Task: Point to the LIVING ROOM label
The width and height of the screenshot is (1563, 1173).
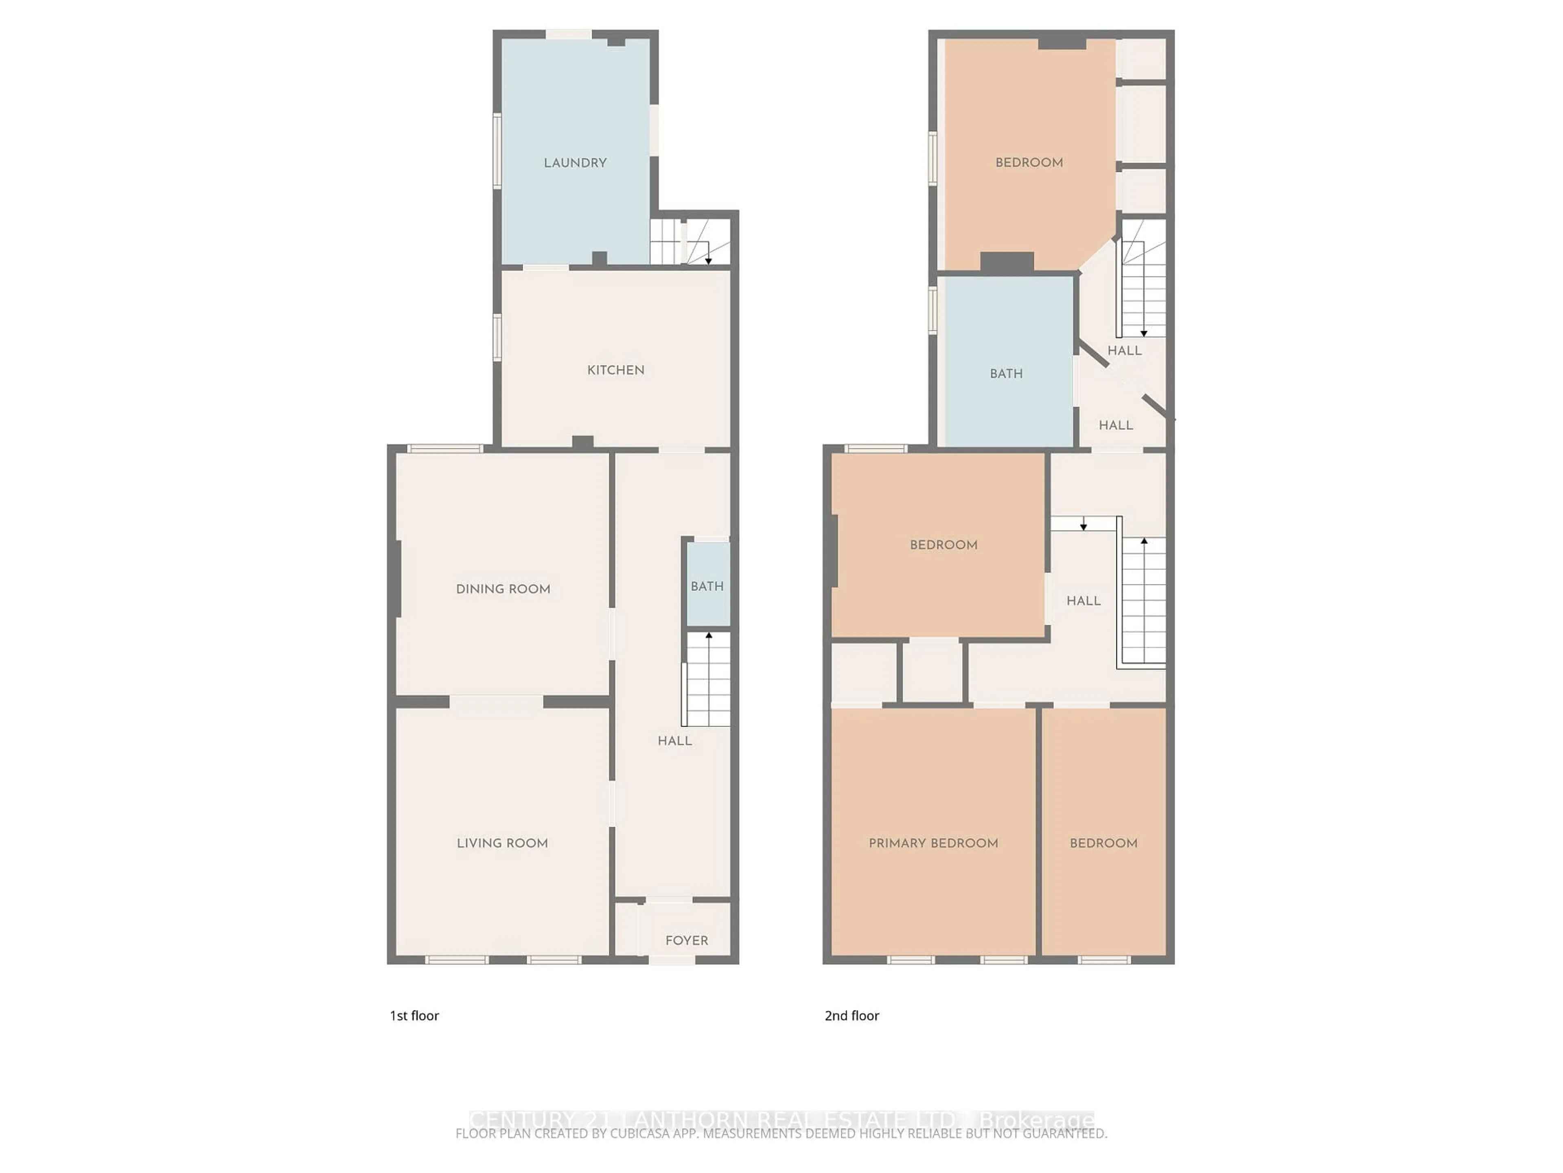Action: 502,843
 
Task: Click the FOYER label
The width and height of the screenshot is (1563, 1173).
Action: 686,940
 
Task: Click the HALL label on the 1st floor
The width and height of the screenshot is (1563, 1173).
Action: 674,741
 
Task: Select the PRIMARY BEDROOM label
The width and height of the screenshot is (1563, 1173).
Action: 933,843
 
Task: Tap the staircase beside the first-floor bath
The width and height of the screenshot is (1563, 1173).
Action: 707,679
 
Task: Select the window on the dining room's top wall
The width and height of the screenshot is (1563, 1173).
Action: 445,448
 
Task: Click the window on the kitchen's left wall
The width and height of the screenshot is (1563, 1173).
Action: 497,337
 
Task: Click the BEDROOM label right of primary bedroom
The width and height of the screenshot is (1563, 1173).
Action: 1103,843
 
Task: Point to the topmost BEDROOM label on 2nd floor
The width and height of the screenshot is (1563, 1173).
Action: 1029,163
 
